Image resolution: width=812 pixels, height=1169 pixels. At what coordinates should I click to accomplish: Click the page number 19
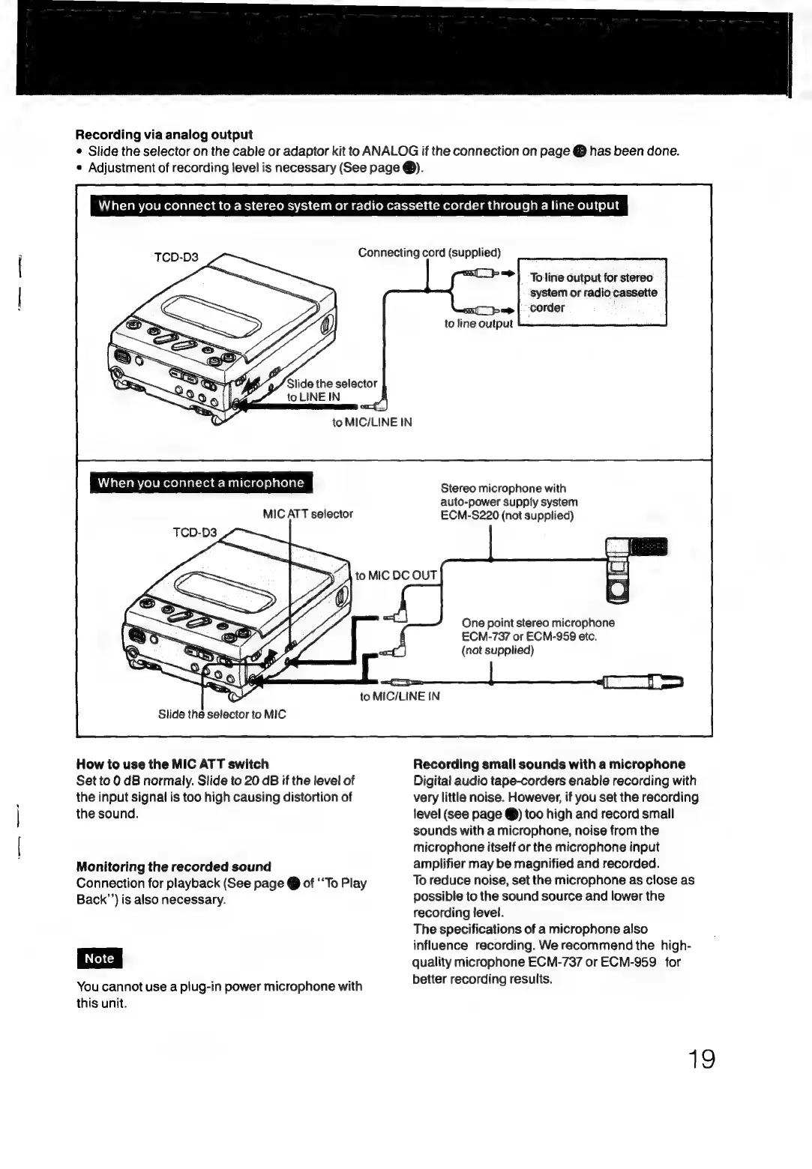tap(702, 1059)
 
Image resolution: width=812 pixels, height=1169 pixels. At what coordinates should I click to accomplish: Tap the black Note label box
tap(99, 958)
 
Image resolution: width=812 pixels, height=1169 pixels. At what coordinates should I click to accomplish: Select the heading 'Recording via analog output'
tap(163, 135)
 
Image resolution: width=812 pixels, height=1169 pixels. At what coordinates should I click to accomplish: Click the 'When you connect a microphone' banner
tap(201, 483)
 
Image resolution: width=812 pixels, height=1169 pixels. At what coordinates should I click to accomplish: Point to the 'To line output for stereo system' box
tap(592, 292)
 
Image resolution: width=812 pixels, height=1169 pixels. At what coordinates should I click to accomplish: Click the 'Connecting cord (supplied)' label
tap(429, 253)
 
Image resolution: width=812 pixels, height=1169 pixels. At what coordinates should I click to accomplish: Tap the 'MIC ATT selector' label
tap(307, 514)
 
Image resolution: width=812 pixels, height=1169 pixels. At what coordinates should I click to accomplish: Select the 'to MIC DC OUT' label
tap(396, 576)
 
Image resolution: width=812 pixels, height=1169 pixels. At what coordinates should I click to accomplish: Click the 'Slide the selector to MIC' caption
tap(222, 714)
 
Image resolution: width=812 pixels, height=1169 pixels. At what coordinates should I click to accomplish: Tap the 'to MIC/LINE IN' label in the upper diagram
tap(372, 423)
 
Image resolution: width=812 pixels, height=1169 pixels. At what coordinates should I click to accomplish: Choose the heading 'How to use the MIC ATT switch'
tap(172, 764)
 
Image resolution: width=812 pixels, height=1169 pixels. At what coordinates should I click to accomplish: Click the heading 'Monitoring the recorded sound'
tap(173, 866)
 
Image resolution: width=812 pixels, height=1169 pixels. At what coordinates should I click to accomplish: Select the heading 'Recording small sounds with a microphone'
tap(549, 764)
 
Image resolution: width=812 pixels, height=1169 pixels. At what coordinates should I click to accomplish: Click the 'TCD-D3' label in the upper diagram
tap(176, 257)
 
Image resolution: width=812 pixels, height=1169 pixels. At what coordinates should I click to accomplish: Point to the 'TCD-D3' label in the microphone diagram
tap(194, 532)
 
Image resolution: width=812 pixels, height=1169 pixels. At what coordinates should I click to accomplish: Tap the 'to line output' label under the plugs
tap(478, 324)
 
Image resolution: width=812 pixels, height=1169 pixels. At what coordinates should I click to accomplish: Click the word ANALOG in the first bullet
tap(390, 151)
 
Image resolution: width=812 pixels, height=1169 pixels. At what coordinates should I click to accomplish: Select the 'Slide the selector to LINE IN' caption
tap(331, 390)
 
